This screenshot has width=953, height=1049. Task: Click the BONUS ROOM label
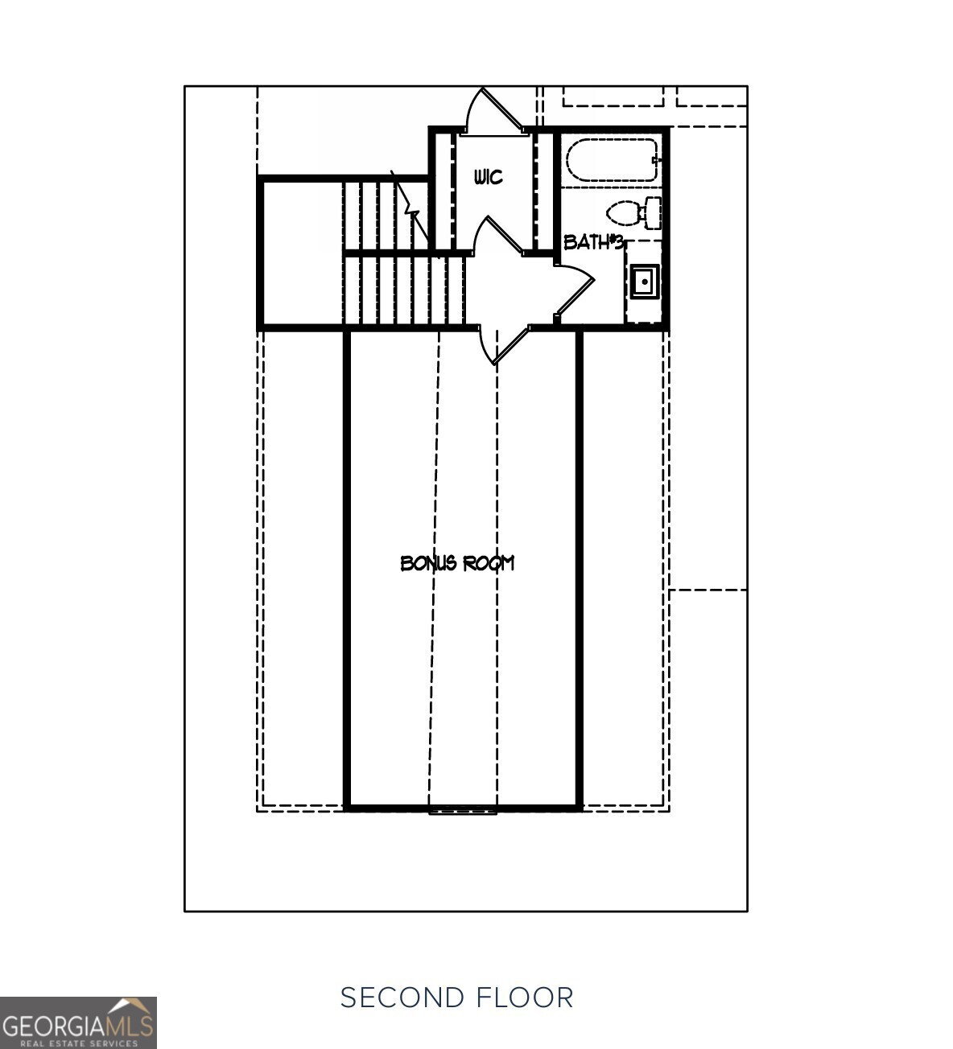click(457, 563)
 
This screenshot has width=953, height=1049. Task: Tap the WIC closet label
click(488, 177)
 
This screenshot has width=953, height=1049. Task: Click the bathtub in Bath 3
click(611, 160)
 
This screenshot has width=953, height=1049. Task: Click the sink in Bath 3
click(645, 282)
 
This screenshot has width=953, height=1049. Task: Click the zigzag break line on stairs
click(412, 211)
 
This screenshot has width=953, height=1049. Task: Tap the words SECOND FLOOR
click(456, 998)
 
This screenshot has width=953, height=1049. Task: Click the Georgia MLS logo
click(78, 1022)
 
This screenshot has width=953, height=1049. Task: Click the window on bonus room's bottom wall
click(462, 809)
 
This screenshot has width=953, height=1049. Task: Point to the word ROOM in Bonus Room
click(488, 563)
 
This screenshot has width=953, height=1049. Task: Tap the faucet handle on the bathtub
click(657, 161)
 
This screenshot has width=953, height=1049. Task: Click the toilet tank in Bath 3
click(652, 213)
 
